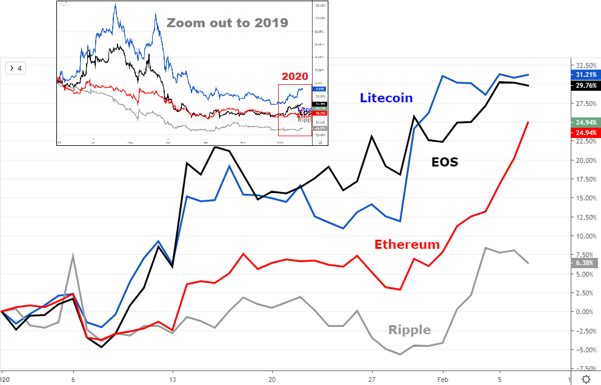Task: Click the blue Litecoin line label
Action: (x=386, y=97)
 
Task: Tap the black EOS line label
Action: (x=445, y=162)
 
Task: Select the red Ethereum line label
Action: (x=407, y=245)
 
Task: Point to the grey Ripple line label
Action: (x=410, y=330)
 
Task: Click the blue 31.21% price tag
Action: (x=585, y=74)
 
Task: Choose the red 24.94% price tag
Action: (x=585, y=133)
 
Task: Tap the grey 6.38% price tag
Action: (x=585, y=263)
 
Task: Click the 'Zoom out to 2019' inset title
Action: (x=227, y=24)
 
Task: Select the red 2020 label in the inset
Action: (x=294, y=77)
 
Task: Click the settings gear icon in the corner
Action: (x=586, y=379)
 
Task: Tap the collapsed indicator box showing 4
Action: (x=15, y=68)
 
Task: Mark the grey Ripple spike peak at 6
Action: (x=73, y=255)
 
